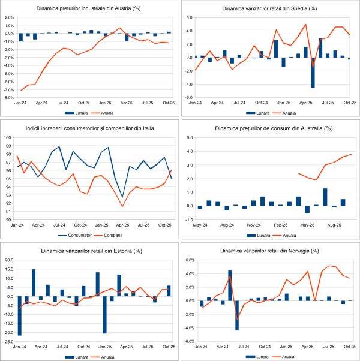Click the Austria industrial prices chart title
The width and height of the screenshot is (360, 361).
[89, 9]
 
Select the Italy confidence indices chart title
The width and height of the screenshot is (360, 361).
[89, 128]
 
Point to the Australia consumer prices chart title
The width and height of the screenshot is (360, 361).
[269, 128]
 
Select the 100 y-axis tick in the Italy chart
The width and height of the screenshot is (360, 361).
[8, 137]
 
